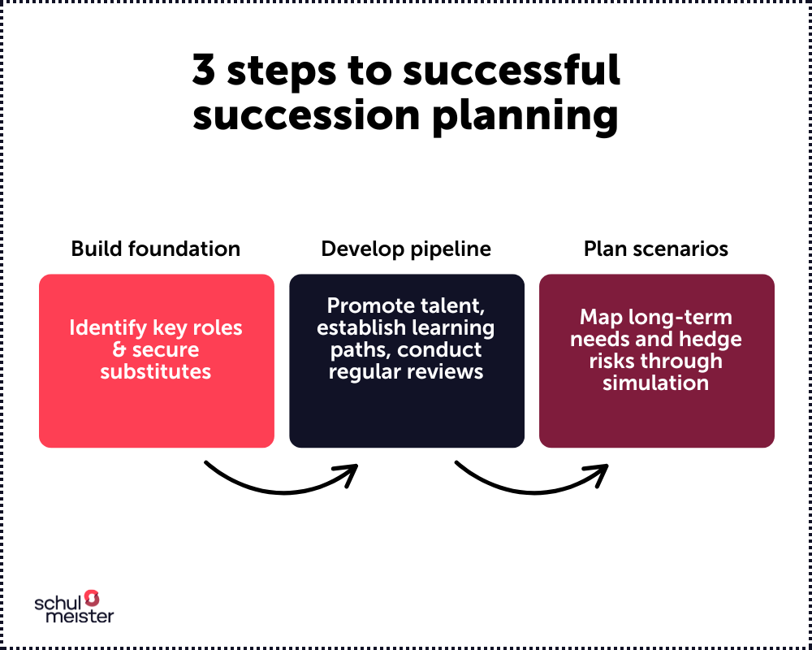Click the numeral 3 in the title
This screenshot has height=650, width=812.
pyautogui.click(x=205, y=71)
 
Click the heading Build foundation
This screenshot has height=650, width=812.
pyautogui.click(x=156, y=249)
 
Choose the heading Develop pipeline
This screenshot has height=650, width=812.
pyautogui.click(x=406, y=249)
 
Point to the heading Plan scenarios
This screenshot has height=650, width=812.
pyautogui.click(x=656, y=249)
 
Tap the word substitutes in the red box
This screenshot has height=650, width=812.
pyautogui.click(x=156, y=372)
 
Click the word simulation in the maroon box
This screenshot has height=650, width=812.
pyautogui.click(x=656, y=383)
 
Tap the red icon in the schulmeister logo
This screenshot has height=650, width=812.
pyautogui.click(x=92, y=598)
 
